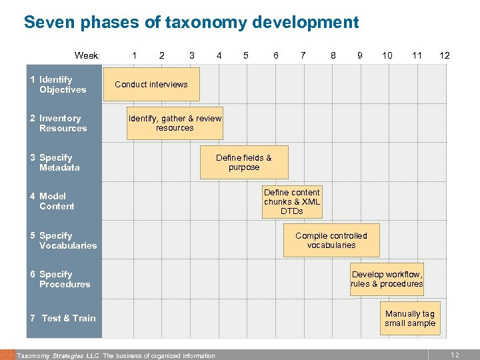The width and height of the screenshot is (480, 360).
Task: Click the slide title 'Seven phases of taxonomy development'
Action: coord(191,22)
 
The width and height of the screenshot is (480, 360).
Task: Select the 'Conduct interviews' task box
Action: coord(151,85)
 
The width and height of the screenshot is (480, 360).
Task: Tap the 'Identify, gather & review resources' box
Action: coord(175,123)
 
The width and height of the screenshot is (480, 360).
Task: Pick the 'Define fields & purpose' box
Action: coord(244,163)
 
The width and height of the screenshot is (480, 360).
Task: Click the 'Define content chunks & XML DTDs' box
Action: coord(292,201)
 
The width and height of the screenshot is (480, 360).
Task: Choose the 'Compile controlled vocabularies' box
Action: coord(331,240)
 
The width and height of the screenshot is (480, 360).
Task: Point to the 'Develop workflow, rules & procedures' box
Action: coord(387,279)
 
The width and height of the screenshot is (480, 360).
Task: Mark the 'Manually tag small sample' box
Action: coord(409,318)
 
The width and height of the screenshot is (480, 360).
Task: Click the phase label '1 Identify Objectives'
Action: coord(59,85)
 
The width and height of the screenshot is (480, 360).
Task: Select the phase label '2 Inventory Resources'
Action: coord(59,123)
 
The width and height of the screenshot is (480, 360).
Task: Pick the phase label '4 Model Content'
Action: coord(53,201)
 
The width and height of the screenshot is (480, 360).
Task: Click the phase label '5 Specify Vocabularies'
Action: coord(63,241)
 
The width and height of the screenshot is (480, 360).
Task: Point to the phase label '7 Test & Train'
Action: coord(63,318)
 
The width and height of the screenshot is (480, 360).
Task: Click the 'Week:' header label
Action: coord(87,55)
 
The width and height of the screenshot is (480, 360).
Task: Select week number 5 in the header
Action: coord(246,55)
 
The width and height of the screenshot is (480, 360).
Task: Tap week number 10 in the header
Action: coord(387,55)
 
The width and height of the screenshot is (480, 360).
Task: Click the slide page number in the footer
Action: coord(455,355)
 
